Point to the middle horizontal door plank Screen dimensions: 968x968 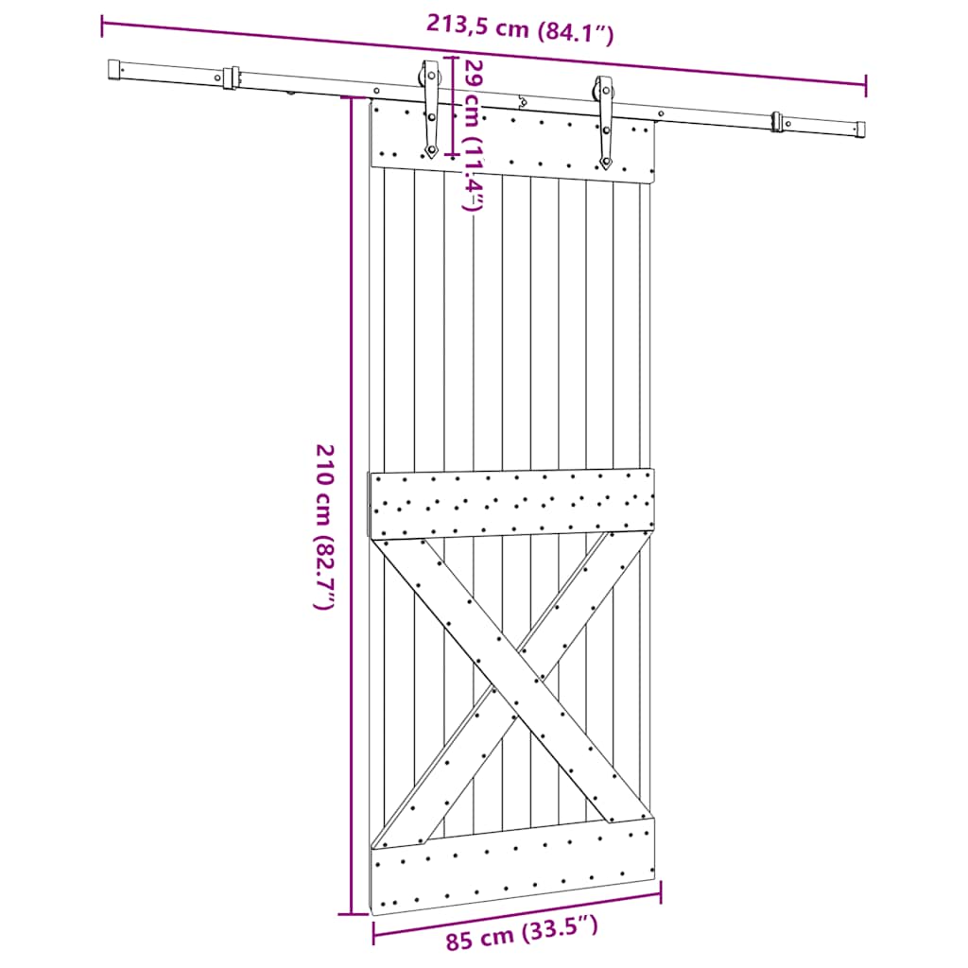(x=511, y=504)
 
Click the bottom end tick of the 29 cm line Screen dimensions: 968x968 (x=453, y=153)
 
